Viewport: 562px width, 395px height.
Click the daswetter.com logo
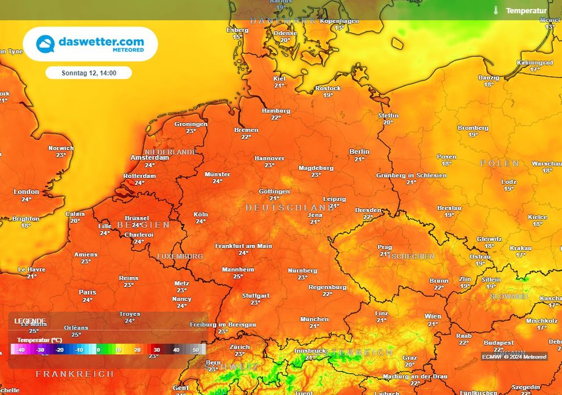pyautogui.click(x=90, y=44)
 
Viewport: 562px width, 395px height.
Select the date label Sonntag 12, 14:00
pyautogui.click(x=88, y=73)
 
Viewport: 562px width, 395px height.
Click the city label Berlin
pyautogui.click(x=359, y=152)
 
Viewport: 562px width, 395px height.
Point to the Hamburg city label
pyautogui.click(x=276, y=111)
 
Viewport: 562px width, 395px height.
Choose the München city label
pyautogui.click(x=314, y=319)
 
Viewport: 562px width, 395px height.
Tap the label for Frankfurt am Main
pyautogui.click(x=243, y=246)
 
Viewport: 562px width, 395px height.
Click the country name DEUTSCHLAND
pyautogui.click(x=289, y=208)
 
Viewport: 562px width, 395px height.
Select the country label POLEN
pyautogui.click(x=499, y=163)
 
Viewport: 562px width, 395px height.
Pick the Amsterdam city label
pyautogui.click(x=150, y=157)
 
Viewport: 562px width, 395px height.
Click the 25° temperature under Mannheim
pyautogui.click(x=238, y=276)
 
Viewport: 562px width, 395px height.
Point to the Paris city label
pyautogui.click(x=87, y=292)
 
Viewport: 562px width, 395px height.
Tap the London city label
pyautogui.click(x=26, y=192)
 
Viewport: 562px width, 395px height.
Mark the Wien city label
pyautogui.click(x=432, y=317)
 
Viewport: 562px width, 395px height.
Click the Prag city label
pyautogui.click(x=385, y=247)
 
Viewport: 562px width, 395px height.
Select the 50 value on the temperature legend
pyautogui.click(x=195, y=349)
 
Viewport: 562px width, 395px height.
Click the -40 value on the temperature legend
pyautogui.click(x=21, y=349)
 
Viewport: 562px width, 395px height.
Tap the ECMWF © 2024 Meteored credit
pyautogui.click(x=514, y=357)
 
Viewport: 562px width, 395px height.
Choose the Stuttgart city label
pyautogui.click(x=256, y=296)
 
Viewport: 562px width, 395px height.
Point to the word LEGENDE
pyautogui.click(x=30, y=321)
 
